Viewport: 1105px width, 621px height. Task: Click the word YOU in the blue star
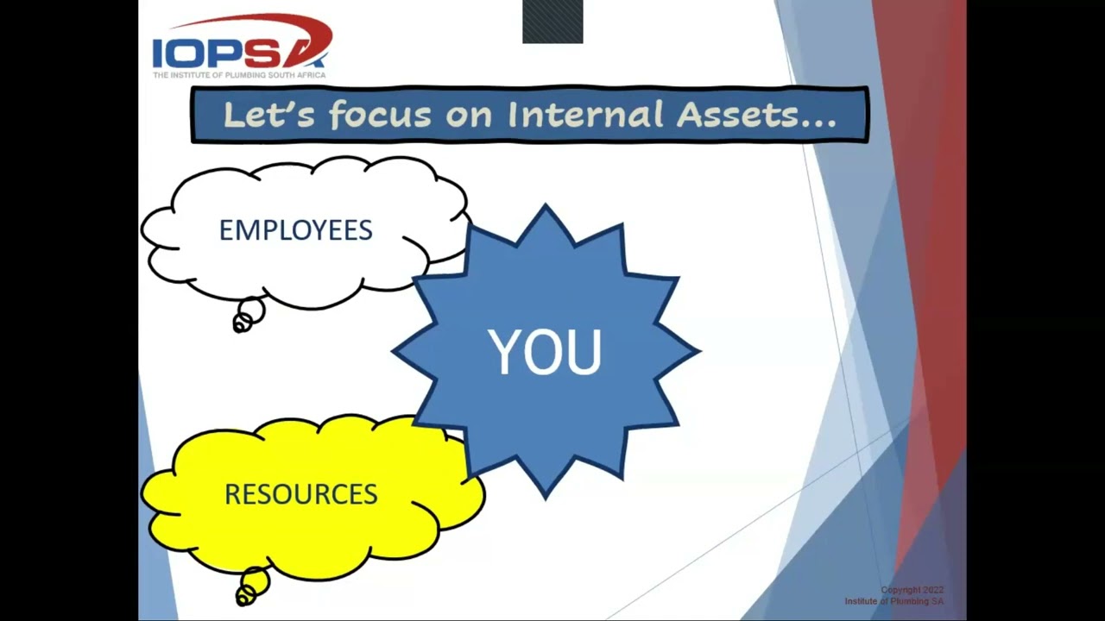pyautogui.click(x=545, y=352)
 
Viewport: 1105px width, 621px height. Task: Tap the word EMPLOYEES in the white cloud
pyautogui.click(x=295, y=230)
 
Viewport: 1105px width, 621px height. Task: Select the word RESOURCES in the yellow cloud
pyautogui.click(x=300, y=494)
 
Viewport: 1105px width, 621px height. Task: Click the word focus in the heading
pyautogui.click(x=379, y=115)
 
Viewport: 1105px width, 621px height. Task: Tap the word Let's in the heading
pyautogui.click(x=268, y=115)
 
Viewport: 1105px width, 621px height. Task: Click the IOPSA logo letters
pyautogui.click(x=237, y=53)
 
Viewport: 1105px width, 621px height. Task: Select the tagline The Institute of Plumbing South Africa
pyautogui.click(x=239, y=75)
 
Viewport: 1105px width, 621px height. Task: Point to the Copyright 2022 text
pyautogui.click(x=912, y=591)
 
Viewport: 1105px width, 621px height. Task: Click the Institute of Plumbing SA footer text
pyautogui.click(x=893, y=601)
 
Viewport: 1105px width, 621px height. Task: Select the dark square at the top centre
pyautogui.click(x=552, y=22)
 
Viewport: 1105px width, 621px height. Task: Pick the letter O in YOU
pyautogui.click(x=545, y=352)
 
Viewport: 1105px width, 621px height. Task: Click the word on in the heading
pyautogui.click(x=468, y=116)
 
